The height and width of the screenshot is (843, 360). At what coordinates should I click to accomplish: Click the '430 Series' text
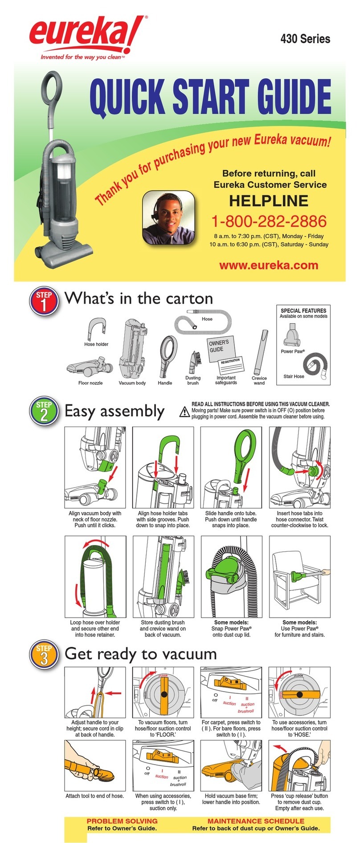click(305, 39)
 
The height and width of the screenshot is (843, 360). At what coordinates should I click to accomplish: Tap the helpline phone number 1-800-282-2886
click(269, 221)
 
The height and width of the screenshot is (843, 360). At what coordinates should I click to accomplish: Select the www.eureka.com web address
click(269, 265)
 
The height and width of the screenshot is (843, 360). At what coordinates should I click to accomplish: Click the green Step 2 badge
click(44, 411)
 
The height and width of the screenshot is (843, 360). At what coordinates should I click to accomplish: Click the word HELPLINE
click(269, 201)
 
